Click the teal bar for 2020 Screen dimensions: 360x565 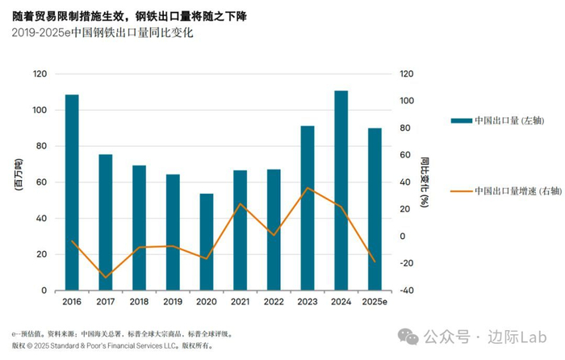click(x=207, y=242)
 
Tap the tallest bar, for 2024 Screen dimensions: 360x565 click(x=341, y=190)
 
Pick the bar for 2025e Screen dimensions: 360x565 click(x=375, y=209)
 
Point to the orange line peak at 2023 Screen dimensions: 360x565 click(x=308, y=188)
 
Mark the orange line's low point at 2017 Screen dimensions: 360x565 click(x=106, y=278)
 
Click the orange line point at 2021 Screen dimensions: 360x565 click(x=241, y=204)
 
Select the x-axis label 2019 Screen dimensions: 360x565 click(x=173, y=302)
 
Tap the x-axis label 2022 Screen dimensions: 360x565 click(x=274, y=302)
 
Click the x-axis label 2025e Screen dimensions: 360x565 click(x=375, y=302)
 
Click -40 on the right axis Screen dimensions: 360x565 click(x=408, y=291)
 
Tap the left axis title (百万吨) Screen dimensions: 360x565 click(x=18, y=182)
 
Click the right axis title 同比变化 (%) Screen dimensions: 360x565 click(x=425, y=182)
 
